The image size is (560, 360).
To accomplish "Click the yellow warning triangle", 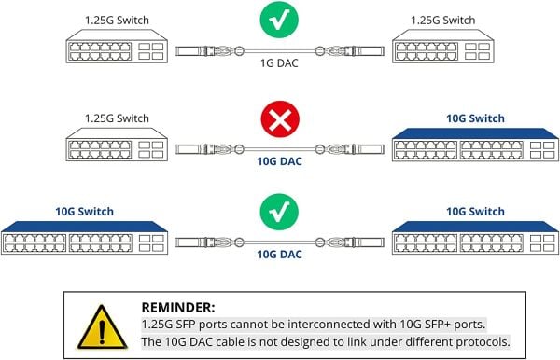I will click(x=97, y=325).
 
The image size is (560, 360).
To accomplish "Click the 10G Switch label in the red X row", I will click(x=475, y=118).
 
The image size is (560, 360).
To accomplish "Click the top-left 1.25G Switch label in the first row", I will click(x=116, y=19).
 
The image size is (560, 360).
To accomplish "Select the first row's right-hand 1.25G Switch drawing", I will click(x=442, y=49).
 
